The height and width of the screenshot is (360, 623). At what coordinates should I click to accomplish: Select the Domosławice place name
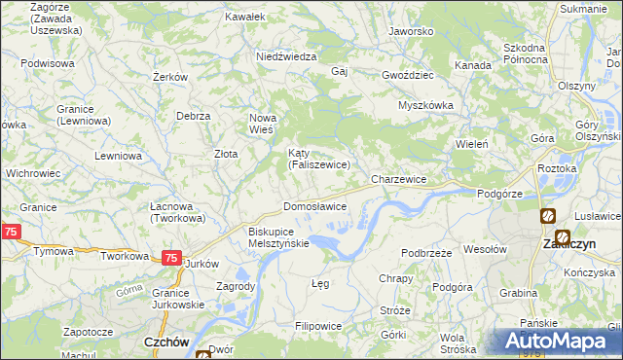(314, 207)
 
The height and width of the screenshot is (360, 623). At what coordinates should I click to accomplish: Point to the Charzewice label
(399, 180)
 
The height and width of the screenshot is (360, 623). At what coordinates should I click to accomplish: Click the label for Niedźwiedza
(286, 56)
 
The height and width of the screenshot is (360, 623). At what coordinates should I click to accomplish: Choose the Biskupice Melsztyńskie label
(278, 237)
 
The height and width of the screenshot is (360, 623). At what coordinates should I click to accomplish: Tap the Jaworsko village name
(410, 31)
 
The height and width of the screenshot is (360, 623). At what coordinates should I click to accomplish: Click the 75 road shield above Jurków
(170, 258)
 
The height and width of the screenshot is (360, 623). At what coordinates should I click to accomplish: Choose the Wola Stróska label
(458, 342)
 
